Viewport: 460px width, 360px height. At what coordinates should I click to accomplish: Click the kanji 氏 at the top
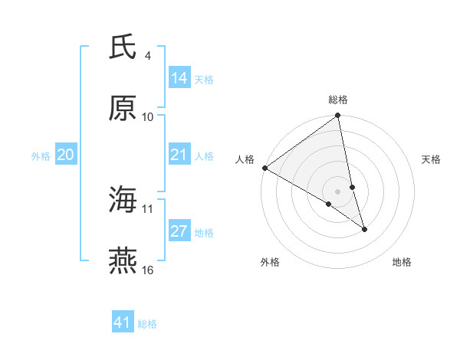point(123,48)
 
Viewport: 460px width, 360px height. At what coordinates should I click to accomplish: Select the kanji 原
point(123,108)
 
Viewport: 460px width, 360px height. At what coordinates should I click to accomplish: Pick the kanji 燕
point(123,261)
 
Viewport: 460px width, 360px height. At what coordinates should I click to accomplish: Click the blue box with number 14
point(179,78)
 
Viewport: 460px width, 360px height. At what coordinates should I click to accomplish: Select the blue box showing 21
point(179,155)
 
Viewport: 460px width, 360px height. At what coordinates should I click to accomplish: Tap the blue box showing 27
point(179,232)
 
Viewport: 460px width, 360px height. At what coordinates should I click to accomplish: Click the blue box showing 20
point(66,155)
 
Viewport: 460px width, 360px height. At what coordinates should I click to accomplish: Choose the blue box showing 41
point(123,322)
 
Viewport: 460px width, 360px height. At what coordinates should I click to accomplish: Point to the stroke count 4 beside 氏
point(148,56)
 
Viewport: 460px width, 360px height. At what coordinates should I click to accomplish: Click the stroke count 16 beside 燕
point(148,270)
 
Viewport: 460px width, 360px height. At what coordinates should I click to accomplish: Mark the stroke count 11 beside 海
point(148,208)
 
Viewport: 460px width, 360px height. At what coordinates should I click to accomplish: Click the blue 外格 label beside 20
point(41,156)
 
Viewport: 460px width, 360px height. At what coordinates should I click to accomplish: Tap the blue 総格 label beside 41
point(147,324)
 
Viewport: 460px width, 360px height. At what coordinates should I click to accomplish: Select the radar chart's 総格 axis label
point(338,100)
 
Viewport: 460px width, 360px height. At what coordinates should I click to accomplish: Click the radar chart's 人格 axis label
point(245,159)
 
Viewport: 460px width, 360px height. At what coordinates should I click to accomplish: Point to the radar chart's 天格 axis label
point(431,159)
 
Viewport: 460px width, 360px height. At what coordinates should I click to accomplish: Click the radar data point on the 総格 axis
point(338,116)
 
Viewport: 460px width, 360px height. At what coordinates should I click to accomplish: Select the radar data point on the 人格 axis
point(264,168)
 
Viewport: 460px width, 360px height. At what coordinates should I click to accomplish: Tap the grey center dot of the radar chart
point(338,191)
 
